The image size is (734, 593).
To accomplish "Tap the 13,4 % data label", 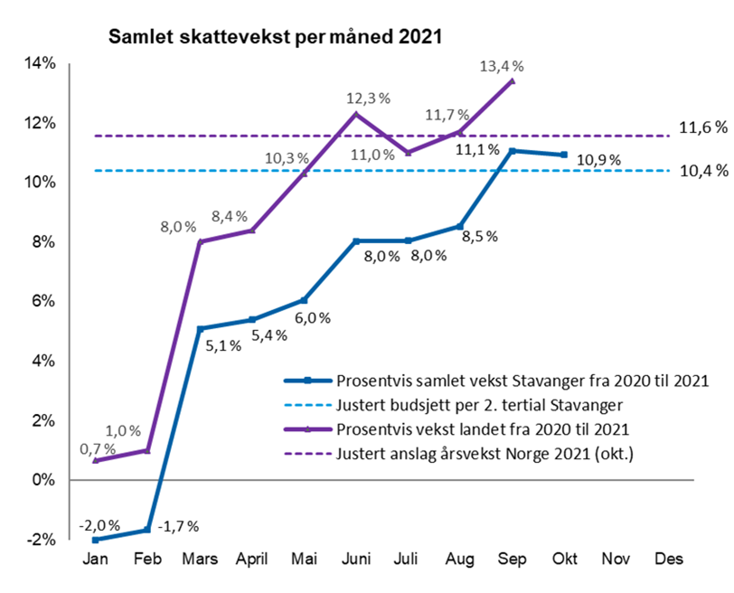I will (503, 66).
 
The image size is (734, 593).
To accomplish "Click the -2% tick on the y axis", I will (42, 540).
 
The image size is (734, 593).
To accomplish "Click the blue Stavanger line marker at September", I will (513, 150).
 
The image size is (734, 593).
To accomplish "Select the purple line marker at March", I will (200, 241).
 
